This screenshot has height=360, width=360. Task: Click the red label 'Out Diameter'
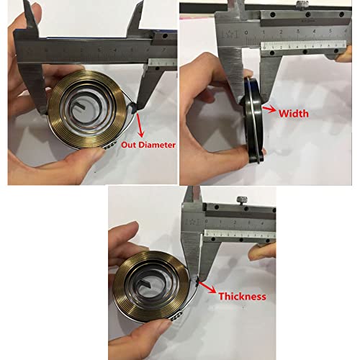pyautogui.click(x=148, y=144)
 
